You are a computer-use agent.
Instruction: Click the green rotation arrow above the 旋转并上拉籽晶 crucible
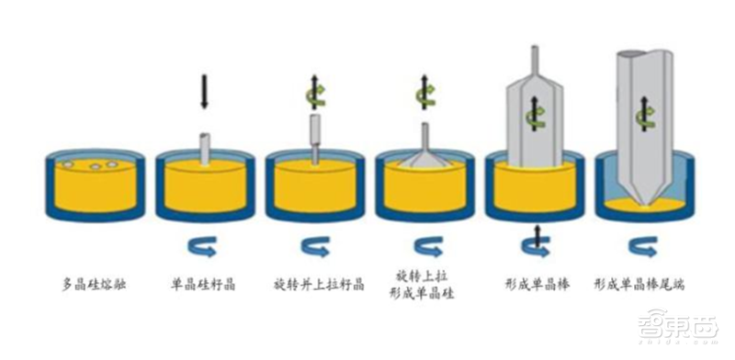coord(315,93)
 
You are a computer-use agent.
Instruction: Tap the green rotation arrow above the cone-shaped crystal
coord(424,93)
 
